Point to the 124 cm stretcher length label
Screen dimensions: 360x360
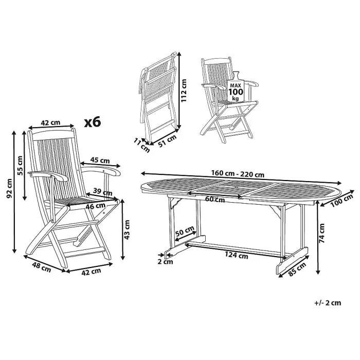pos(236,254)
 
